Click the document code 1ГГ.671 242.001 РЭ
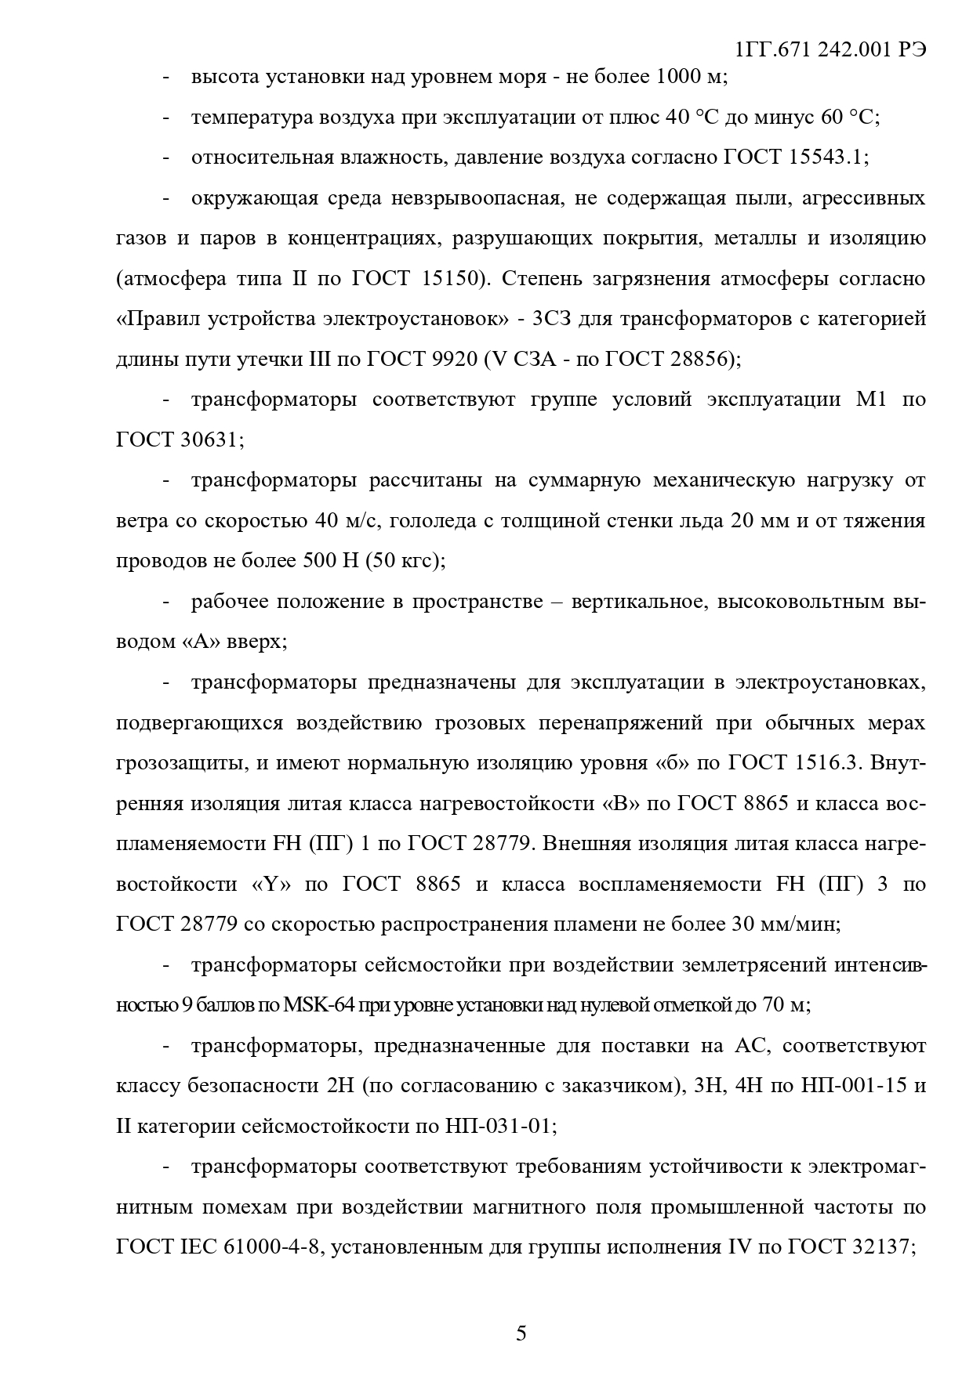[x=831, y=49]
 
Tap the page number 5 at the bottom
[x=521, y=1333]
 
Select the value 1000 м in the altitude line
[x=690, y=77]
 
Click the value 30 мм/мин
[x=785, y=925]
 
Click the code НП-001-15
[x=851, y=1087]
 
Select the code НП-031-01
[x=500, y=1127]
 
